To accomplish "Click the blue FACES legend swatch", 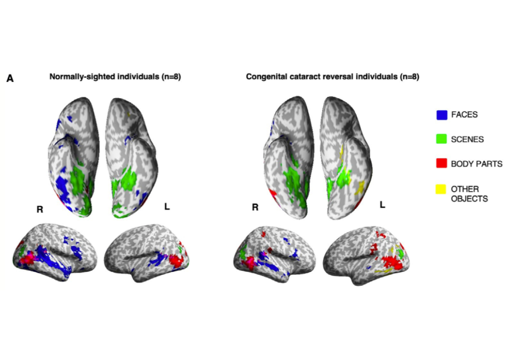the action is point(442,115).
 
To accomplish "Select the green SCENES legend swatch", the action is point(442,139).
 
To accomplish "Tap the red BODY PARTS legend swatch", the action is point(442,163).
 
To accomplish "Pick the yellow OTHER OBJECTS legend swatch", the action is point(441,189).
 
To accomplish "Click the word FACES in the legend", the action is point(464,114).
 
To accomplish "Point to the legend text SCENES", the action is point(467,140).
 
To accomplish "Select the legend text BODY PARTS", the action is point(476,164).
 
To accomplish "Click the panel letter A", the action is point(10,79).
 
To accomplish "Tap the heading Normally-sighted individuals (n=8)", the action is point(115,77).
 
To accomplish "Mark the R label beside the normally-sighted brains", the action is point(40,209).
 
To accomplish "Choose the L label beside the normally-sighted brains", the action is point(167,207).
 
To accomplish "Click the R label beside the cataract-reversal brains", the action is point(255,207).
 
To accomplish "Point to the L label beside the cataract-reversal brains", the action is point(382,205).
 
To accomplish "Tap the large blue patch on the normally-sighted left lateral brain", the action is point(158,259).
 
